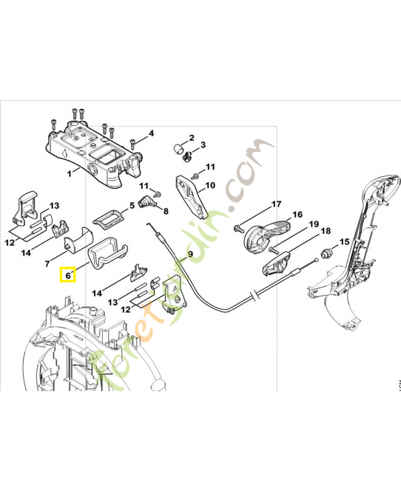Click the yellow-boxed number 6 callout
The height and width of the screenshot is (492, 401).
click(68, 274)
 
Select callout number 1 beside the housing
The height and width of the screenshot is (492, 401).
click(69, 173)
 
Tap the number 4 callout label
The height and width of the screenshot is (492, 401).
click(151, 133)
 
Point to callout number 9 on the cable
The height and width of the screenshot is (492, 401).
click(190, 254)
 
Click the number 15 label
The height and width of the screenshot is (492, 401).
click(344, 242)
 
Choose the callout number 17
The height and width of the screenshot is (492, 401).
click(276, 204)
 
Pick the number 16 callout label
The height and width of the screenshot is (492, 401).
click(297, 215)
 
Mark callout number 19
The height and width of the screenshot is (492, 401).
click(314, 224)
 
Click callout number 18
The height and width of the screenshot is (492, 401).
click(326, 231)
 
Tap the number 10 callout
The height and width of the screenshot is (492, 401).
click(210, 186)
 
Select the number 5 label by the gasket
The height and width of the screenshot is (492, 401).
click(132, 205)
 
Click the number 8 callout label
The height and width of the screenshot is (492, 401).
click(165, 211)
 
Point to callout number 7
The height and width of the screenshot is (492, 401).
click(47, 264)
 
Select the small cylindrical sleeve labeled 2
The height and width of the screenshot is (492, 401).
click(178, 148)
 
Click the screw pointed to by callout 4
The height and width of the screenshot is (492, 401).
click(133, 145)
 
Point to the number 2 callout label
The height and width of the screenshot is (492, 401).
click(191, 137)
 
